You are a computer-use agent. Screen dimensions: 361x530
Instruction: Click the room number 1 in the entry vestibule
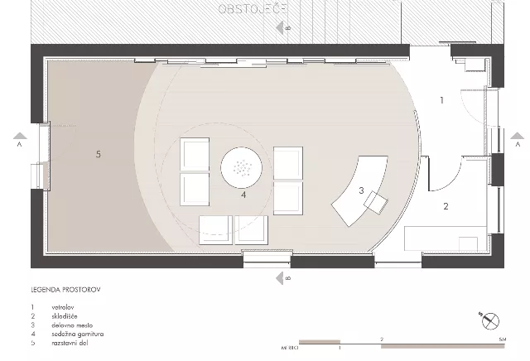point(441,100)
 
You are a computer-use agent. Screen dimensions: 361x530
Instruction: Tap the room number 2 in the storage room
point(446,206)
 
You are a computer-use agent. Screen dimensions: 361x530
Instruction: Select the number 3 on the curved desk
point(361,190)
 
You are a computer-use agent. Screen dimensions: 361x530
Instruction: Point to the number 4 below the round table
point(243,196)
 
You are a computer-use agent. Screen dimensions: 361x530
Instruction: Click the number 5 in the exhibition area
point(98,154)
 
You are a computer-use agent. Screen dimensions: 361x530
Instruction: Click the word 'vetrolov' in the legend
point(62,306)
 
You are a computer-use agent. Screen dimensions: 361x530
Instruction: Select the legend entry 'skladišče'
point(64,315)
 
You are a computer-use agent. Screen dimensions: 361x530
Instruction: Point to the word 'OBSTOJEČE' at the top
point(253,9)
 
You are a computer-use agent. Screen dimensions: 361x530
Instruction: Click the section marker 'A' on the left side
point(18,142)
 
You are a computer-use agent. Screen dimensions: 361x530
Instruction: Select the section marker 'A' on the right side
point(516,142)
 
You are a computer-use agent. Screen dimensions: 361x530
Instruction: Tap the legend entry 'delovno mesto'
point(69,325)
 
